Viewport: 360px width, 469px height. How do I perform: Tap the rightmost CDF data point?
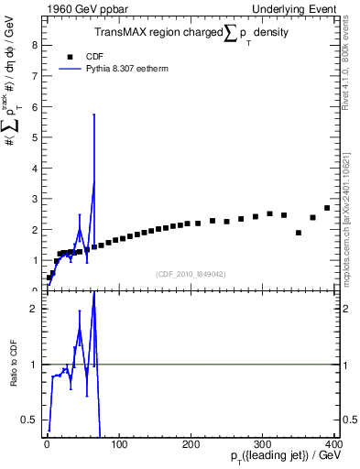pyautogui.click(x=327, y=208)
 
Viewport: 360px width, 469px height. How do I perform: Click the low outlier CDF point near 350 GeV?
pyautogui.click(x=299, y=233)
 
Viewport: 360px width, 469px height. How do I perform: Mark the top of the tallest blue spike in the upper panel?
pyautogui.click(x=93, y=115)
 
